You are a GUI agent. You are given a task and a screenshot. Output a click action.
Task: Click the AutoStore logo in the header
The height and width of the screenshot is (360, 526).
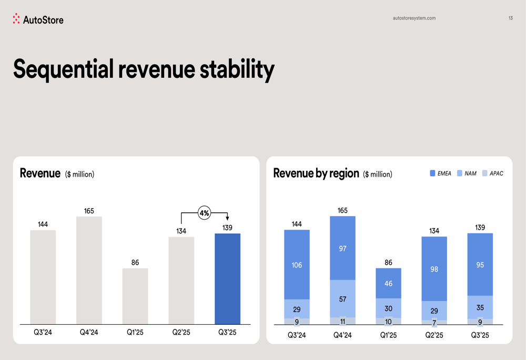[x=38, y=19]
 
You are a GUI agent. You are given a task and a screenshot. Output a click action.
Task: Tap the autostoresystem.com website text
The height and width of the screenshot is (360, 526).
[x=414, y=18]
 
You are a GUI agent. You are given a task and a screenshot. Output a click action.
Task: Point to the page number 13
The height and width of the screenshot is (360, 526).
[x=510, y=18]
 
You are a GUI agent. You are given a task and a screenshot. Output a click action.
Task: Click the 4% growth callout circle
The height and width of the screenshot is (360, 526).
[x=204, y=213]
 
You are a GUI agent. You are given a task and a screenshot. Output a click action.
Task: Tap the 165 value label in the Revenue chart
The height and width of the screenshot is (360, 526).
[x=89, y=211]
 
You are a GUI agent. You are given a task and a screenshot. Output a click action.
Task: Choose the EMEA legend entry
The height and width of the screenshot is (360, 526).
[x=441, y=173]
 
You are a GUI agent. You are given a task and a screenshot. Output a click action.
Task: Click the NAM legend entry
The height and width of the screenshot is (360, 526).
[x=467, y=173]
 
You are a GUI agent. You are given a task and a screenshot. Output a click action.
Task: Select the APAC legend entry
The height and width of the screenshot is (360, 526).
[x=493, y=173]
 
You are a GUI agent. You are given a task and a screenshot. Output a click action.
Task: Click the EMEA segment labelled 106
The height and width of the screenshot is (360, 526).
[x=297, y=265]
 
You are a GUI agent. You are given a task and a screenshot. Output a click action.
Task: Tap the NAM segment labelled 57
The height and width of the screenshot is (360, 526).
[x=342, y=299]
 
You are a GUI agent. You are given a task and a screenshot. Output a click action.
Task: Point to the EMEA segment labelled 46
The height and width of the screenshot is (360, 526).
[x=388, y=283]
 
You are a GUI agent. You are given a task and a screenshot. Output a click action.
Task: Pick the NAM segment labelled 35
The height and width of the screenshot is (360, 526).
[x=480, y=307]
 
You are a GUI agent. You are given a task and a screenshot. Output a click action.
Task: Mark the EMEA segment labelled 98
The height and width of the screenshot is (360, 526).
[x=434, y=269]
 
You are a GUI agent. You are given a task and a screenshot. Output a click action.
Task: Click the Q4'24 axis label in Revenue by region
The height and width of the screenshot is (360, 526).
[x=342, y=335]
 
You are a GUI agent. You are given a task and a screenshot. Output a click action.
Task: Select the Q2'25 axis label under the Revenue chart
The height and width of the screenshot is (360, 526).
[x=181, y=332]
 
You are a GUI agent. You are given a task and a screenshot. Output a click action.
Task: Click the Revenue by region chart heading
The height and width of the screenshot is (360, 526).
[x=316, y=173]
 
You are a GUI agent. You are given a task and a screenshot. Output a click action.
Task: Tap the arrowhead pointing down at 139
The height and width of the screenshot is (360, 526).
[x=227, y=218]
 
